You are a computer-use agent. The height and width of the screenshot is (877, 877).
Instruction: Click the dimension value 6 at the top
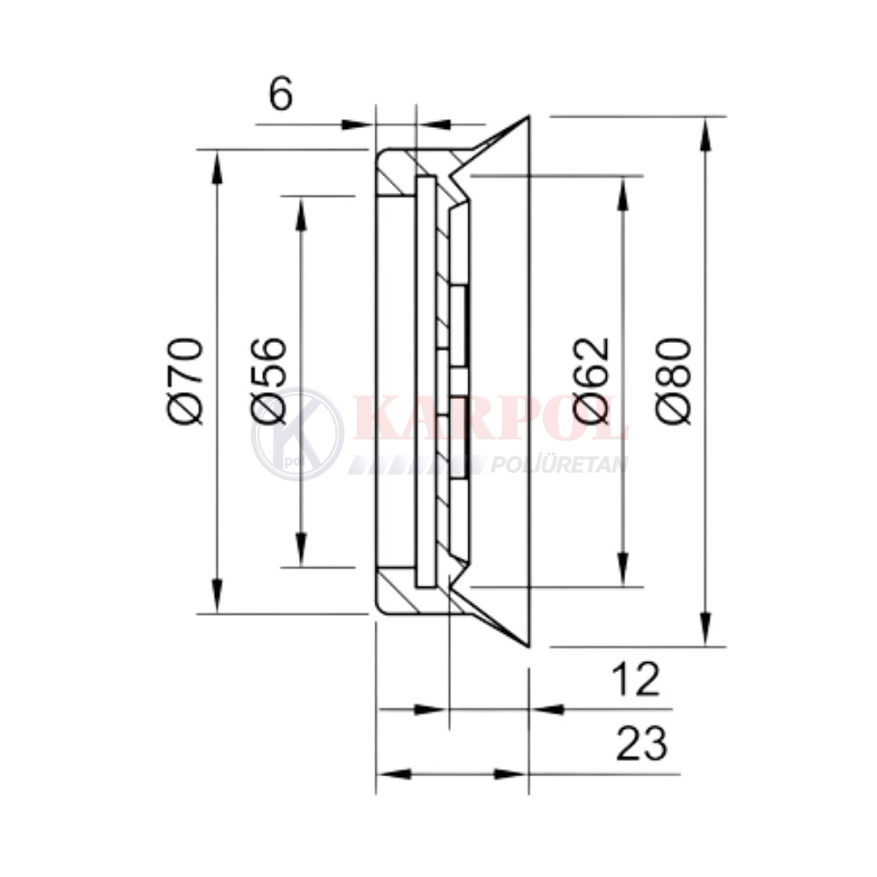coord(281,94)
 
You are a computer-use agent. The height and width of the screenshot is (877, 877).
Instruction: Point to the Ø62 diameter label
coord(591,381)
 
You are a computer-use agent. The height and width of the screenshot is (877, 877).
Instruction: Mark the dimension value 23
coord(642,744)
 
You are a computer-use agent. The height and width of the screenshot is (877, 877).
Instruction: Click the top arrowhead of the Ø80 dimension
coord(706,134)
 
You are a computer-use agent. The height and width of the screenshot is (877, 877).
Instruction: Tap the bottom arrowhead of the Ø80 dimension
coord(706,630)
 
